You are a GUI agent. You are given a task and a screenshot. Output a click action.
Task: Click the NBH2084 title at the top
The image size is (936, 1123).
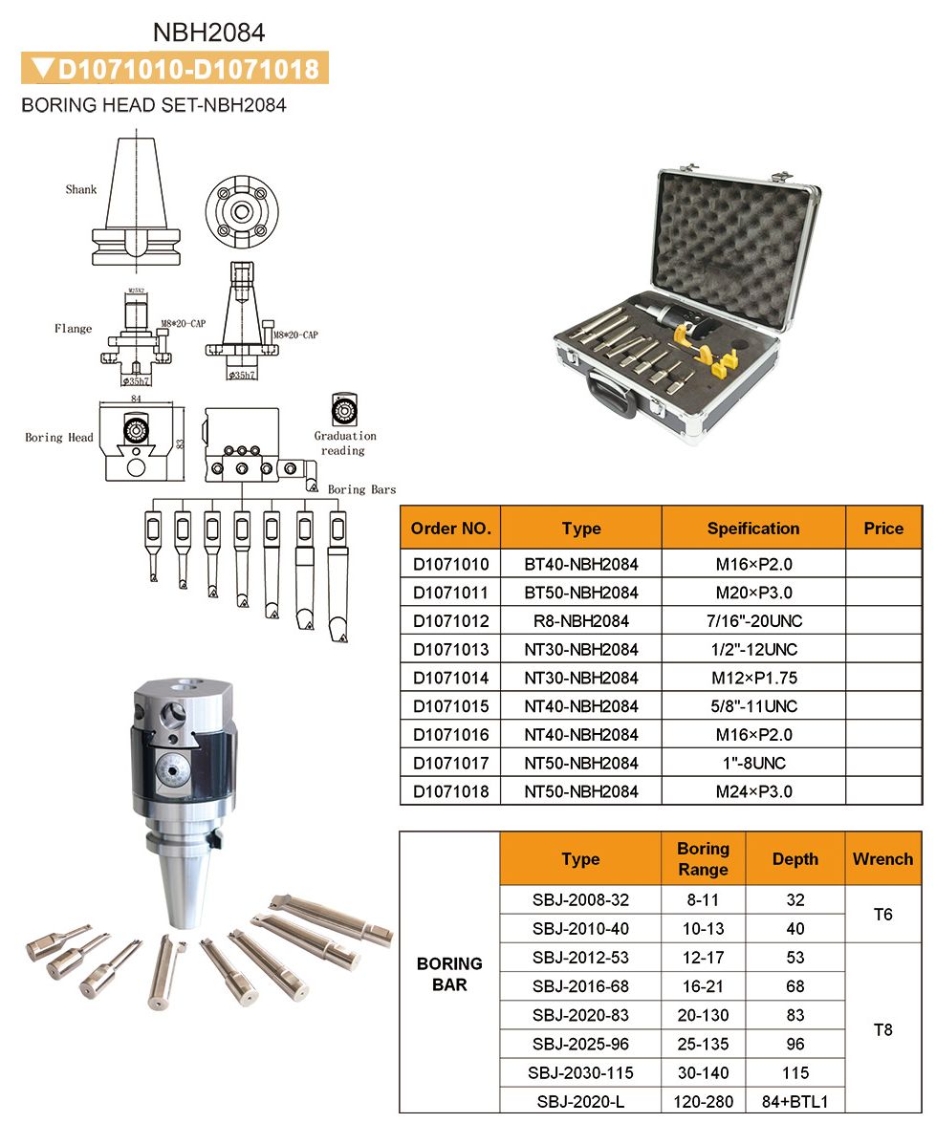pyautogui.click(x=208, y=32)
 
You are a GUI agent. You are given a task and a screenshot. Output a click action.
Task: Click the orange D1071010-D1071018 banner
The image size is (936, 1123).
pyautogui.click(x=175, y=69)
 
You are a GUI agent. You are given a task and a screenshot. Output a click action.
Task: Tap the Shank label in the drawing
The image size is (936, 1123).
pyautogui.click(x=81, y=189)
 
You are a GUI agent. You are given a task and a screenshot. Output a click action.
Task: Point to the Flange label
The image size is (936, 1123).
pyautogui.click(x=73, y=329)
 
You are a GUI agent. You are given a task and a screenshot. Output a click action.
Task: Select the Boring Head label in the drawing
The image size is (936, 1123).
pyautogui.click(x=58, y=437)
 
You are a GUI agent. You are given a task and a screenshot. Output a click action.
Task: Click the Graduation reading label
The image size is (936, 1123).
pyautogui.click(x=345, y=443)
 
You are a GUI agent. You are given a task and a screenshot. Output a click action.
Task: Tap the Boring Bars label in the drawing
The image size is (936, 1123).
pyautogui.click(x=362, y=489)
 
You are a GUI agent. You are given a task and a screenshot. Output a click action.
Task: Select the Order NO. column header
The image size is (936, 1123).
pyautogui.click(x=451, y=528)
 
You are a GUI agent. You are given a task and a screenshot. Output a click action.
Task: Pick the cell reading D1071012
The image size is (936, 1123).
pyautogui.click(x=451, y=621)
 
